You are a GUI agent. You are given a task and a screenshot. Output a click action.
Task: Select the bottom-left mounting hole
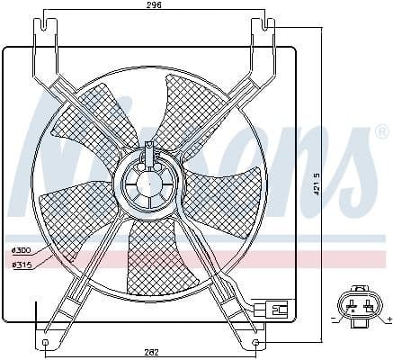(46, 344)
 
